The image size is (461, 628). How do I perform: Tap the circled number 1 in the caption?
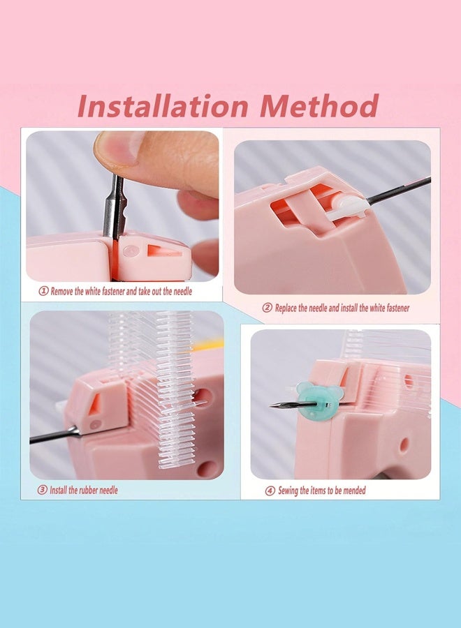click(x=43, y=291)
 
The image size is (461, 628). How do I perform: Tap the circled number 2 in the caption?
click(x=267, y=308)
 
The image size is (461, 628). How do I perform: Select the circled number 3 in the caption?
click(x=43, y=490)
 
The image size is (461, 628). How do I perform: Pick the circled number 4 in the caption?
click(x=270, y=491)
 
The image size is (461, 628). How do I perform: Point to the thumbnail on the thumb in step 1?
click(x=116, y=146)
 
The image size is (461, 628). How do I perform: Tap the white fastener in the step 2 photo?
click(x=348, y=207)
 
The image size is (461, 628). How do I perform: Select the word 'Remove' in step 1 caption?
click(x=64, y=291)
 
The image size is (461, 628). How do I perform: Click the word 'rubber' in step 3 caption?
click(x=89, y=490)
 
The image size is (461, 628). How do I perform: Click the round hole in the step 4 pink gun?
click(x=402, y=442)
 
